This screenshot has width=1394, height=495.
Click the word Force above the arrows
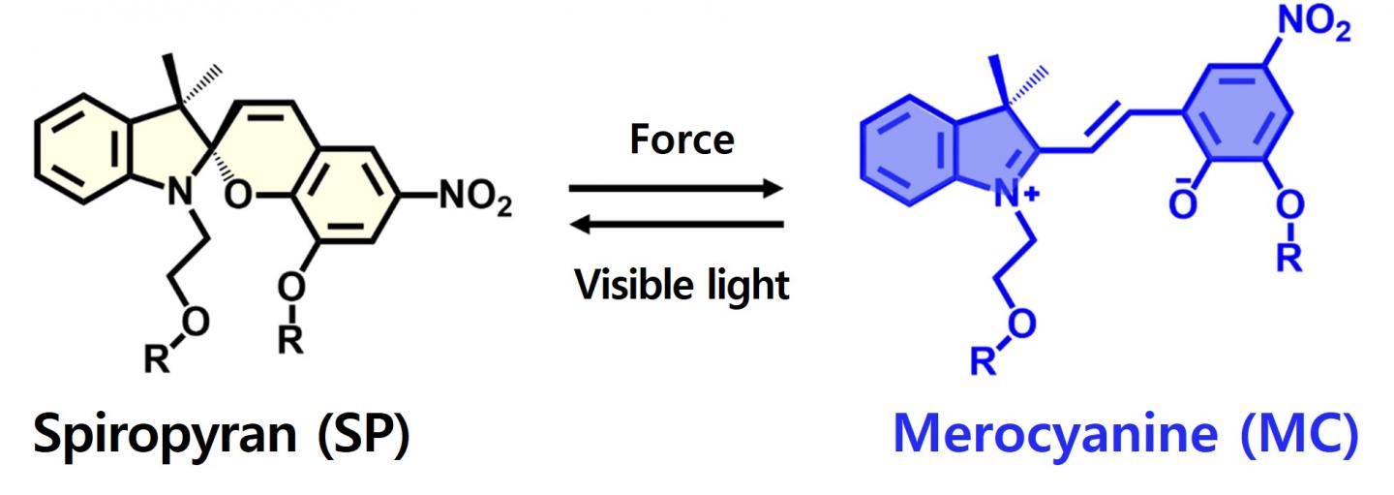pyautogui.click(x=682, y=139)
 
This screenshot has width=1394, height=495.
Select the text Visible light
pyautogui.click(x=682, y=286)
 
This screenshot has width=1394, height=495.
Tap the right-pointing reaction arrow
pyautogui.click(x=676, y=188)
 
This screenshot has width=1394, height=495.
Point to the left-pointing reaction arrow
pyautogui.click(x=676, y=224)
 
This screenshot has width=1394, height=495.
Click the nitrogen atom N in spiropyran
pyautogui.click(x=180, y=191)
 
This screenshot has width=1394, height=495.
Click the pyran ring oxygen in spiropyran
pyautogui.click(x=238, y=195)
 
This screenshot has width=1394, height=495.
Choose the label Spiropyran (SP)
pyautogui.click(x=222, y=435)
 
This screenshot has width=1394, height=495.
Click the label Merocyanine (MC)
pyautogui.click(x=1125, y=435)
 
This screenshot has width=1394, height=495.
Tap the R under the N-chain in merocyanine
pyautogui.click(x=984, y=360)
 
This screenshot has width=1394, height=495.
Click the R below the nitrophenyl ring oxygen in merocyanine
pyautogui.click(x=1289, y=257)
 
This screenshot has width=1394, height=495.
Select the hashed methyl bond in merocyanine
pyautogui.click(x=1028, y=87)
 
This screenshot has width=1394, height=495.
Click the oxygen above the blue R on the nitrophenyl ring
pyautogui.click(x=1289, y=205)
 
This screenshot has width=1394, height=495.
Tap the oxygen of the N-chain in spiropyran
pyautogui.click(x=196, y=323)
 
